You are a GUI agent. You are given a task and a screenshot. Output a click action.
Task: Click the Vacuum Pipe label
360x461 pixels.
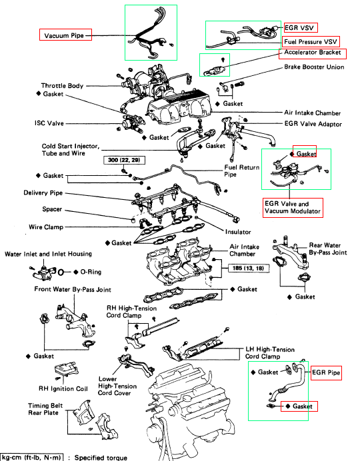(x=64, y=35)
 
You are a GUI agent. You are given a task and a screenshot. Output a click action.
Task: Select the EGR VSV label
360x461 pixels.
(x=299, y=28)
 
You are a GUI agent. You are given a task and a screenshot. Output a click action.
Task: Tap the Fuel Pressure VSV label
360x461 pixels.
(x=310, y=42)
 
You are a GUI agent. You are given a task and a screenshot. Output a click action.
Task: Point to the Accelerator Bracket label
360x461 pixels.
(x=313, y=53)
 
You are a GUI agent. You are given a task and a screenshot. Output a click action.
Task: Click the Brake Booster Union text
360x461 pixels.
(x=314, y=67)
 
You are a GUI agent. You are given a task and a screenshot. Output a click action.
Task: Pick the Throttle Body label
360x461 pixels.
(x=62, y=86)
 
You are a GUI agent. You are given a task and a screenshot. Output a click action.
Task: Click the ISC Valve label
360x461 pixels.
(x=49, y=123)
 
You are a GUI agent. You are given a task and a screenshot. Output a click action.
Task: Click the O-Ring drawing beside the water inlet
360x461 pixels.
(x=61, y=272)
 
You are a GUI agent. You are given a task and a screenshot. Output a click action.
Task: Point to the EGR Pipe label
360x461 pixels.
(x=326, y=372)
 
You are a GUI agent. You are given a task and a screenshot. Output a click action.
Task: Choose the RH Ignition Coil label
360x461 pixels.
(x=63, y=388)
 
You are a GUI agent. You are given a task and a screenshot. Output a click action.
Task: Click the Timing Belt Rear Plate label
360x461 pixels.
(x=45, y=409)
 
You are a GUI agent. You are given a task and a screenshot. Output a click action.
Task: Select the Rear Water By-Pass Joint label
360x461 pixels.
(x=328, y=248)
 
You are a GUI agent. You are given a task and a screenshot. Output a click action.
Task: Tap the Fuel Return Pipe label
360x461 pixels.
(x=242, y=171)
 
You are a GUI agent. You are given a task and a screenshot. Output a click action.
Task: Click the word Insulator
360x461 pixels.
(x=238, y=232)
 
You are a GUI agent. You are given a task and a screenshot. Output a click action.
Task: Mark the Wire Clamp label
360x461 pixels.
(x=46, y=227)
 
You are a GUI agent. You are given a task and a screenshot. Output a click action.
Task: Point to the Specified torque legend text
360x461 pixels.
(x=101, y=458)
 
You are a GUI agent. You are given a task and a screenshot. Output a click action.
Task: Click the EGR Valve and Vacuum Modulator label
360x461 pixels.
(x=293, y=207)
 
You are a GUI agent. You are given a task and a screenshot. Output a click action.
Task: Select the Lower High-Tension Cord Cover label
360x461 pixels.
(x=117, y=386)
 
